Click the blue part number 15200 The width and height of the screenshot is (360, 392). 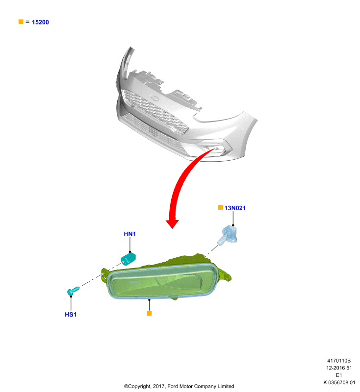[x=40, y=22]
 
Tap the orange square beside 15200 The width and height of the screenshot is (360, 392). [x=21, y=22]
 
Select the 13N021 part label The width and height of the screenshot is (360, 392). [x=235, y=208]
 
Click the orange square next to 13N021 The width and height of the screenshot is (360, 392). [x=221, y=207]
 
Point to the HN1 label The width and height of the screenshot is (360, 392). [x=129, y=234]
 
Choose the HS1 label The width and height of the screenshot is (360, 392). [x=71, y=315]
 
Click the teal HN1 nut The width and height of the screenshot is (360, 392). [x=128, y=259]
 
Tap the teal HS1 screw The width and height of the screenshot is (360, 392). [x=73, y=291]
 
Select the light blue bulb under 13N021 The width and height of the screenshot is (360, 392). [x=228, y=235]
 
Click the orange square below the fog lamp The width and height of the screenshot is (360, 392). [x=150, y=314]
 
